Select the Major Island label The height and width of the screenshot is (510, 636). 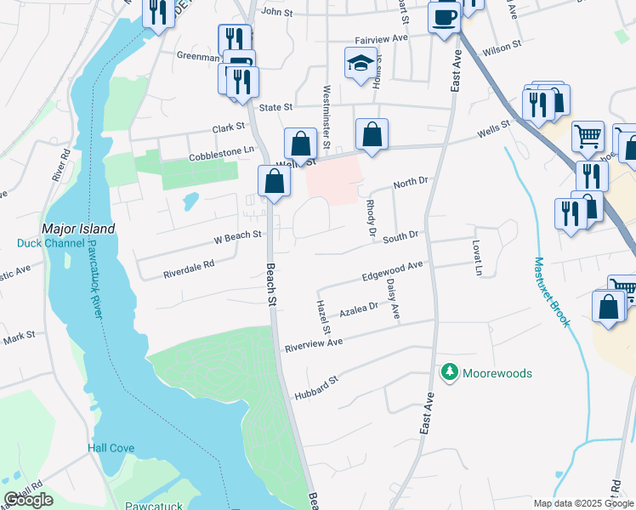click(x=78, y=229)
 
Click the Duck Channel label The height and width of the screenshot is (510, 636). click(x=51, y=243)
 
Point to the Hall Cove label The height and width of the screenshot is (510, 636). click(x=110, y=447)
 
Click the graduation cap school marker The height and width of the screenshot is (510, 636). click(x=361, y=65)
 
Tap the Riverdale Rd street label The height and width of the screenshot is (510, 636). click(x=189, y=269)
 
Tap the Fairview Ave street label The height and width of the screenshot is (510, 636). click(x=382, y=38)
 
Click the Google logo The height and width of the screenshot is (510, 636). click(x=29, y=500)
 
